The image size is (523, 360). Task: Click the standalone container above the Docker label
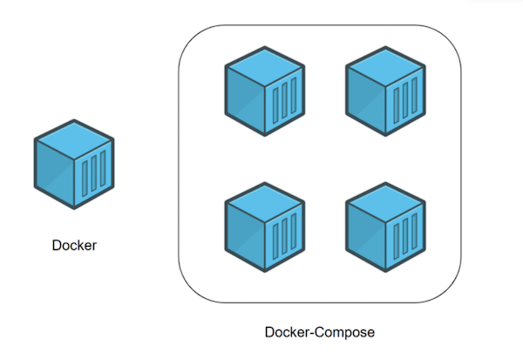coord(74,164)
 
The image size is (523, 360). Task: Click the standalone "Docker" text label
coord(73,246)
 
